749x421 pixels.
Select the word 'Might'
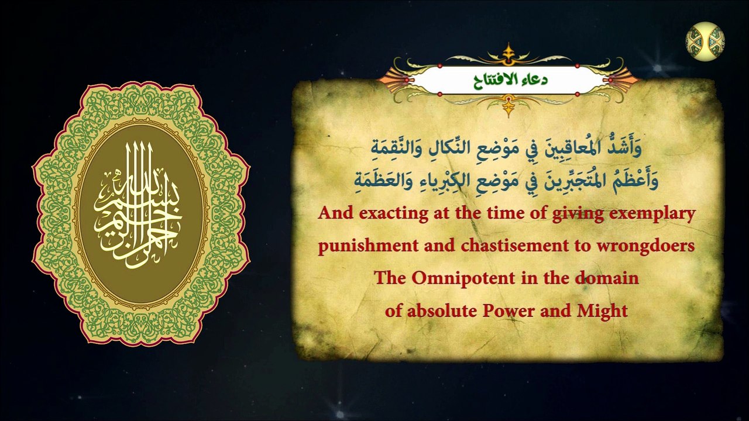(603, 310)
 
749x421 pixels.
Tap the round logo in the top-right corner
(705, 42)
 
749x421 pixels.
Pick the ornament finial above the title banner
(508, 51)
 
